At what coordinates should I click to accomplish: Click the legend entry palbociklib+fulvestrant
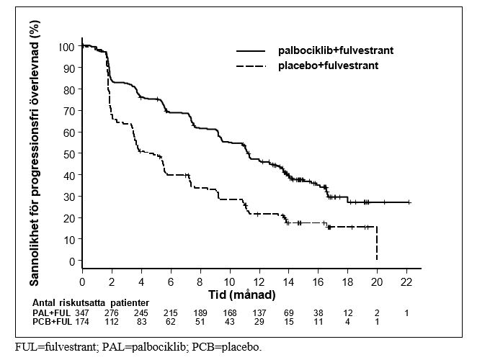[336, 50]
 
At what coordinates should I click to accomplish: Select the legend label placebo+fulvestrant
[328, 66]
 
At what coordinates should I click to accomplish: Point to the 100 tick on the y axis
[66, 47]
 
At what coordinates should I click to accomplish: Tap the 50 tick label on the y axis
[69, 154]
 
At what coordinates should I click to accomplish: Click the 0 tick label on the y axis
[72, 261]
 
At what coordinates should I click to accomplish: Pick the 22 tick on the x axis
[406, 282]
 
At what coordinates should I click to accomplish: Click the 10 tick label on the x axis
[229, 282]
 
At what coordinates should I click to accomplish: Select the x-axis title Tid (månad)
[242, 294]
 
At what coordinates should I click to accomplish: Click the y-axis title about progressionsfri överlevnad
[35, 153]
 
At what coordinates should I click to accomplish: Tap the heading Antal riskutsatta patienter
[91, 302]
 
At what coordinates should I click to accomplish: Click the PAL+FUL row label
[51, 312]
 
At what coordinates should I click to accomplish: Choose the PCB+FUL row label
[52, 321]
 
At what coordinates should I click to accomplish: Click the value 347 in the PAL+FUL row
[82, 312]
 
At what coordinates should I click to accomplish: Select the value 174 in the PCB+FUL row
[82, 321]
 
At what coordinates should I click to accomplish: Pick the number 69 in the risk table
[288, 312]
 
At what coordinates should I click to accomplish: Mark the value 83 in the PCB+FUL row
[141, 321]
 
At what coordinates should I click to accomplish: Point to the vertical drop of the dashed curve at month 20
[377, 243]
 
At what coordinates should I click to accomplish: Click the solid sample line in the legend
[251, 50]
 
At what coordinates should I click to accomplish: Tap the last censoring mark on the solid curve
[409, 202]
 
